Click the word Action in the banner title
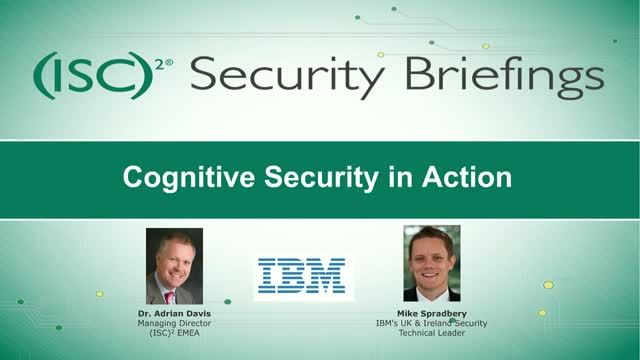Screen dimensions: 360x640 [475, 179]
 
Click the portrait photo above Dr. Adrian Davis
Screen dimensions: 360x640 [174, 265]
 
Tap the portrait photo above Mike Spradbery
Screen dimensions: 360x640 [432, 263]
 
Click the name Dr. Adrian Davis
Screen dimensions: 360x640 [174, 312]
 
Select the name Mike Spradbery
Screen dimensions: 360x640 [432, 312]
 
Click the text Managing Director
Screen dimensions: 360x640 [174, 323]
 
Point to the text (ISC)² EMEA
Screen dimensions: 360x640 [174, 334]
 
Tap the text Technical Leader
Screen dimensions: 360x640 [432, 334]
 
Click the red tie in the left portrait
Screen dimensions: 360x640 [171, 295]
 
